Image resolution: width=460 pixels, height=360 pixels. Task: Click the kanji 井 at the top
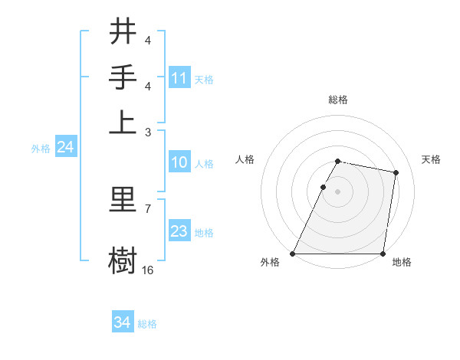coord(123,32)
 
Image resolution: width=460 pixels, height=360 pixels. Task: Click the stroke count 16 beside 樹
coord(148,270)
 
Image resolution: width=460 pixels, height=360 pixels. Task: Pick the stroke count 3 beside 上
coord(148,132)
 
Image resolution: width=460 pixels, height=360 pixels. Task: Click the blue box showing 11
coord(179,78)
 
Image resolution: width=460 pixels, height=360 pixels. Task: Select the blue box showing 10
coord(179,162)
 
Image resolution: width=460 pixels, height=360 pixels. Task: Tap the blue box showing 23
coord(179,231)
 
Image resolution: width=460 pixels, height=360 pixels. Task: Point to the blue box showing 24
coord(65,148)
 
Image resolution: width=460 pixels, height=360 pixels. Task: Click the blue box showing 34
coord(123,322)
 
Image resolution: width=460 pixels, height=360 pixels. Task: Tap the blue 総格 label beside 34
coord(148,324)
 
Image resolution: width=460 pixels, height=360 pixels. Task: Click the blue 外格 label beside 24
coord(41,149)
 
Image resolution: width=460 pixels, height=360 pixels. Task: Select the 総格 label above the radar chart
coord(338,100)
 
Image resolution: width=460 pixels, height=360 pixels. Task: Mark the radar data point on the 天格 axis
coord(396,173)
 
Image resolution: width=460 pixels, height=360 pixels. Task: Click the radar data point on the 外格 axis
coord(293,254)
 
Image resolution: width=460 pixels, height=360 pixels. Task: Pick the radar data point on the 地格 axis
coord(383,254)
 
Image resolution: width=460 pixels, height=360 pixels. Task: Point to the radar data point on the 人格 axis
coord(323,187)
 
